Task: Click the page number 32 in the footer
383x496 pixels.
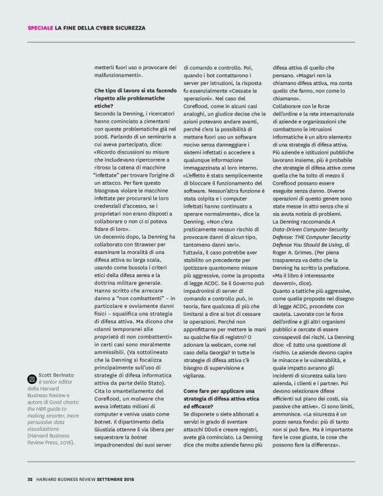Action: click(30, 479)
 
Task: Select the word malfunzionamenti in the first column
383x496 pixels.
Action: click(118, 76)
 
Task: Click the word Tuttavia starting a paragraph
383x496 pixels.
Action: click(197, 253)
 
